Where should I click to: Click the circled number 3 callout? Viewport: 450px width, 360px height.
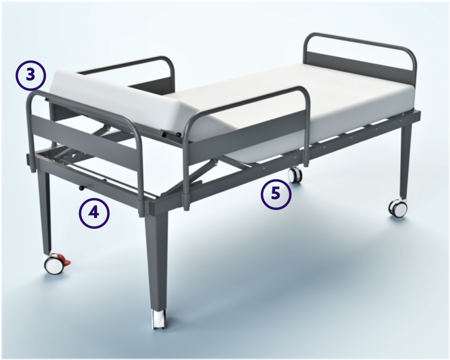[30, 75]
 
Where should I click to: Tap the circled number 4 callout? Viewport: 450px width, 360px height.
[94, 213]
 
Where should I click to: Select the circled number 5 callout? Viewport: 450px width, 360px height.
[276, 194]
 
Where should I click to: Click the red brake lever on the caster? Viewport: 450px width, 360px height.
[66, 262]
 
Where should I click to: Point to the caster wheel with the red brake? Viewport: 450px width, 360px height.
[54, 265]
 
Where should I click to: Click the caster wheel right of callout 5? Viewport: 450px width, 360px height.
[294, 175]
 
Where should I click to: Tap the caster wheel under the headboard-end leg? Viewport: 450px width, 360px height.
[399, 208]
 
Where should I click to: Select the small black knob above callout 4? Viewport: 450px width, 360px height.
[81, 189]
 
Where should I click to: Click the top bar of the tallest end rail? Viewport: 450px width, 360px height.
[358, 41]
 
